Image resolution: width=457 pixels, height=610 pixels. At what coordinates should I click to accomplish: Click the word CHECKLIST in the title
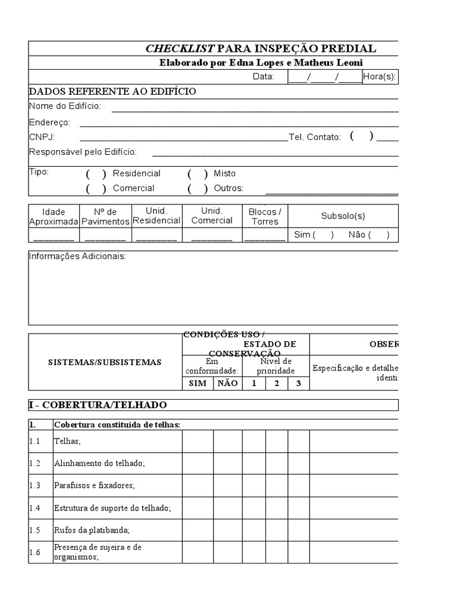pos(180,49)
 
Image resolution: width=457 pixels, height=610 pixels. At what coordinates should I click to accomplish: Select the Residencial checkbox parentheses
pos(96,174)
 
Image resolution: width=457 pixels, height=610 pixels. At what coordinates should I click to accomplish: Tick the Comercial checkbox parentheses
pos(96,189)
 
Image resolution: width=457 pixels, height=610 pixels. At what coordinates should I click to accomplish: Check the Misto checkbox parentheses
pos(198,174)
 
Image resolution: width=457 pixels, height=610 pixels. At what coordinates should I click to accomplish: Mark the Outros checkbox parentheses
pos(198,189)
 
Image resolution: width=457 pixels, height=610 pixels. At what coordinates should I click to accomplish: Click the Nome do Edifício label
pos(65,106)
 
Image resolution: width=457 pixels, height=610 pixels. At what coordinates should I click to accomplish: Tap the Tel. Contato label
pos(315,137)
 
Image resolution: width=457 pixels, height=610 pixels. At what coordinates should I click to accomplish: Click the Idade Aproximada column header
pos(54,216)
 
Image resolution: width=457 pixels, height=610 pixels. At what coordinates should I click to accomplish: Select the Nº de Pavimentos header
pos(105,216)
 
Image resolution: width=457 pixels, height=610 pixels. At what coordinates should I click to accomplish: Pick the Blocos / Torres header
pos(265,216)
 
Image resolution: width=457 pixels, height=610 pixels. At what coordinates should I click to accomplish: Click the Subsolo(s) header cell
pos(343,216)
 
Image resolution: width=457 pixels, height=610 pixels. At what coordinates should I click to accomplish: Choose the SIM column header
pos(198,384)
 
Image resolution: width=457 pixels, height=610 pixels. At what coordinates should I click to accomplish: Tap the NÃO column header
pos(227,384)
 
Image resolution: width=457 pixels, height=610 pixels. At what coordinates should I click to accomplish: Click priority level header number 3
pos(298,384)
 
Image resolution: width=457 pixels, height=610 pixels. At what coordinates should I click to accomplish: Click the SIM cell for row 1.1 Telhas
pos(198,441)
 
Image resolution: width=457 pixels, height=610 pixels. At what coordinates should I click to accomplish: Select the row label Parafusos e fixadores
pos(95,485)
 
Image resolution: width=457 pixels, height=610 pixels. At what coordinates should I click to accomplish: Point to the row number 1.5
pos(35,530)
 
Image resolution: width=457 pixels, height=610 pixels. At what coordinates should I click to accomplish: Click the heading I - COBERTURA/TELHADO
pos(98,405)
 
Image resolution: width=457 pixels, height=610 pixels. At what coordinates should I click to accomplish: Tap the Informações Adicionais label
pos(77,257)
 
